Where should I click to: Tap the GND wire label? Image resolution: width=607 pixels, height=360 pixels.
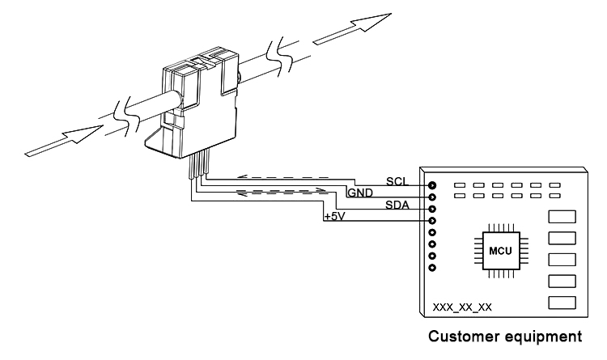[360, 193]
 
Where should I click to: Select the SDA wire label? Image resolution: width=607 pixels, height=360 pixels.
[396, 205]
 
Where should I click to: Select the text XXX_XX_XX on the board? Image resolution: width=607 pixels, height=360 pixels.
[461, 307]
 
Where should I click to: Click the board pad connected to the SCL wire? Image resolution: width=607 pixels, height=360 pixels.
[433, 184]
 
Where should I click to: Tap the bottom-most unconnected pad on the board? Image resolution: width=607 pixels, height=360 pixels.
[433, 268]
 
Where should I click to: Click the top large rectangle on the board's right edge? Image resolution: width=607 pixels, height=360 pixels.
[562, 217]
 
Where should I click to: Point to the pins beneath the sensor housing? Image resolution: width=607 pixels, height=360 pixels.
[197, 168]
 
